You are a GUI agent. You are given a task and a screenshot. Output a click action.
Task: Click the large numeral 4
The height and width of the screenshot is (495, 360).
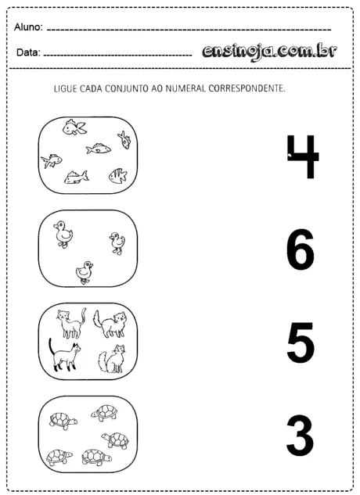302,157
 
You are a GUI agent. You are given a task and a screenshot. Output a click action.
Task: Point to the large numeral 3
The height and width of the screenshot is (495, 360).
300,436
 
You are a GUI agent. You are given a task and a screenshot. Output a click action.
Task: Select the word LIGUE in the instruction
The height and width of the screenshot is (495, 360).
66,88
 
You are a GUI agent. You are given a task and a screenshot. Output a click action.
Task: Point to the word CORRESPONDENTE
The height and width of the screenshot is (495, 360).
247,88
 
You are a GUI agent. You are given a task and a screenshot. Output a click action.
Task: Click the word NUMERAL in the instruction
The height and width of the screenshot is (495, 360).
187,88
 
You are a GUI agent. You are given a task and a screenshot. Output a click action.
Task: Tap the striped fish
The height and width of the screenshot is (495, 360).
117,175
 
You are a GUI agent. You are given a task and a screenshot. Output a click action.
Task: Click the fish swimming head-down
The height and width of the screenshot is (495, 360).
124,140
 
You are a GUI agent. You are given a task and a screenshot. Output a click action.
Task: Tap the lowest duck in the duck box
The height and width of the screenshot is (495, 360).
85,271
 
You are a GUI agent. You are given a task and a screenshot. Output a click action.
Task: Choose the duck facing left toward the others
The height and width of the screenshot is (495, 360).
117,242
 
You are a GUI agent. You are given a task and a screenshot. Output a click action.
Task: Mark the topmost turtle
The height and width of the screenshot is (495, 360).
104,412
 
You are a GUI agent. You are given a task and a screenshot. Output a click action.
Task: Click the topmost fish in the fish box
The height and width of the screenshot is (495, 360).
74,127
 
